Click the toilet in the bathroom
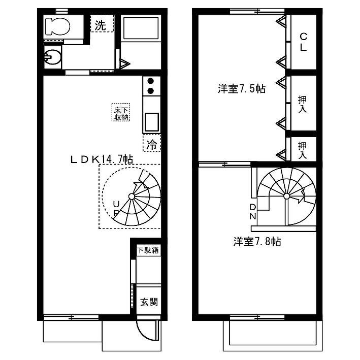click(57, 26)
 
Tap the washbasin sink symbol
click(52, 57)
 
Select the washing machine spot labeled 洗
click(102, 24)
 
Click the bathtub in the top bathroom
click(141, 28)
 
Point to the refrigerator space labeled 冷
click(152, 143)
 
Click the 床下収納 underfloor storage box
click(121, 112)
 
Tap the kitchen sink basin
click(151, 122)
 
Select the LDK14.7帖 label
click(102, 159)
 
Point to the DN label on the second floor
click(252, 211)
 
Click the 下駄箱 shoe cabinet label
click(148, 250)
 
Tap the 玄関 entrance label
click(149, 302)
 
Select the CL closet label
click(303, 42)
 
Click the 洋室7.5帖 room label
click(242, 89)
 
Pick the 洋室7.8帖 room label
click(257, 242)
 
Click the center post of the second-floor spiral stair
click(286, 197)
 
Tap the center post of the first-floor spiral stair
click(132, 197)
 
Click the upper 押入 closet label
click(303, 104)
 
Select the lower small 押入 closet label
click(303, 150)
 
